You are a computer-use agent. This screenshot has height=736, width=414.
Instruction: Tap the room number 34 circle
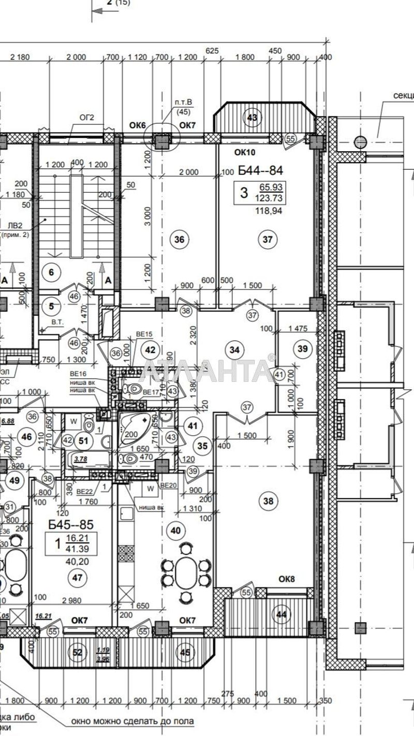tap(235, 350)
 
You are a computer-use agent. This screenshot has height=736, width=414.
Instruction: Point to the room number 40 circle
tap(176, 530)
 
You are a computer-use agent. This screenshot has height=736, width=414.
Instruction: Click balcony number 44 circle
tap(282, 614)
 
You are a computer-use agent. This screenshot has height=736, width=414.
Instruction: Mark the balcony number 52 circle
tap(78, 653)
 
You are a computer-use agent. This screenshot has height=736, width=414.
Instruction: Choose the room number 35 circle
tap(202, 446)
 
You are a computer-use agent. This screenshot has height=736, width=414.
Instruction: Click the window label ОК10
tap(245, 152)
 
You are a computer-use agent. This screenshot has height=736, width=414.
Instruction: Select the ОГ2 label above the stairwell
tap(86, 117)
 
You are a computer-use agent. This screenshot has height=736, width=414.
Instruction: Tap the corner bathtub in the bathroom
tap(136, 428)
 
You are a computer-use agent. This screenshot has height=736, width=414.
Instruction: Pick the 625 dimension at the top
tap(212, 50)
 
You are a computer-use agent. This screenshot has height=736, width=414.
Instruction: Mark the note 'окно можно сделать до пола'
tap(132, 721)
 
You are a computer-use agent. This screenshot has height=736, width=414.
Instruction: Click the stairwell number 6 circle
tap(51, 272)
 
